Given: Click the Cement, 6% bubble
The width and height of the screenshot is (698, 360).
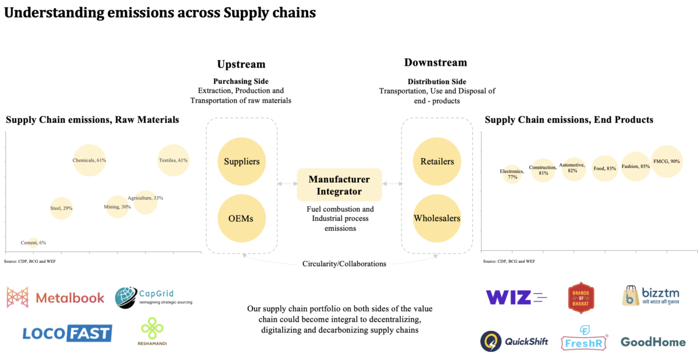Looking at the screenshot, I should pyautogui.click(x=33, y=243).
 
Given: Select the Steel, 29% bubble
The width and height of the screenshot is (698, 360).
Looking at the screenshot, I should pyautogui.click(x=62, y=208).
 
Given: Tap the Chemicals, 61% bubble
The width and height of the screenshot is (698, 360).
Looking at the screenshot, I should pyautogui.click(x=90, y=160).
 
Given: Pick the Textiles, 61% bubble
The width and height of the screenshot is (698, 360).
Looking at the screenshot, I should pyautogui.click(x=173, y=160).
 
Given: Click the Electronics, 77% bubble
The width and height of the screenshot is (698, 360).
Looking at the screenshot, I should pyautogui.click(x=512, y=174).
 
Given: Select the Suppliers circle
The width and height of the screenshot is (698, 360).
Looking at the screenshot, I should pyautogui.click(x=241, y=162).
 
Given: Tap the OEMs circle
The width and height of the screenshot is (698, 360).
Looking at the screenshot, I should pyautogui.click(x=241, y=219).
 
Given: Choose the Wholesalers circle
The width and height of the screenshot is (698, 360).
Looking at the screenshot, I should pyautogui.click(x=436, y=219).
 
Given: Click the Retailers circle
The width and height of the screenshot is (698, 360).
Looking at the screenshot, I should pyautogui.click(x=436, y=162).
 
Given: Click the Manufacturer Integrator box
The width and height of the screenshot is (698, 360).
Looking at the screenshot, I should pyautogui.click(x=339, y=184).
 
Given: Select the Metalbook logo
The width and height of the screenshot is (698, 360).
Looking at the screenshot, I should pyautogui.click(x=56, y=298).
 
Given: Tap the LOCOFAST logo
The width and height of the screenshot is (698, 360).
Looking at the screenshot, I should pyautogui.click(x=67, y=333).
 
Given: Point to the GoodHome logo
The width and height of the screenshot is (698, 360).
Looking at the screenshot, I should pyautogui.click(x=653, y=342).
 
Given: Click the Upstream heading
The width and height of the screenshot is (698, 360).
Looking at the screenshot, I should pyautogui.click(x=241, y=65).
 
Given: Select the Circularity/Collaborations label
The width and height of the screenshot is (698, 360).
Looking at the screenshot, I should pyautogui.click(x=344, y=263).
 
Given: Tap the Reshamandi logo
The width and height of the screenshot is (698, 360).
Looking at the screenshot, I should pyautogui.click(x=153, y=330).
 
